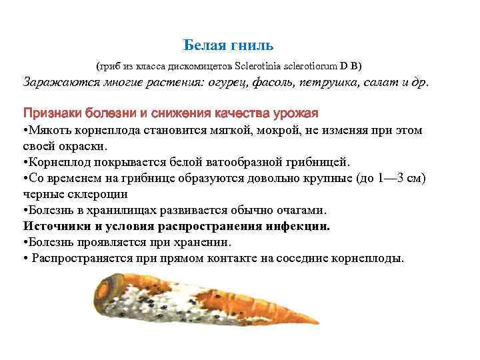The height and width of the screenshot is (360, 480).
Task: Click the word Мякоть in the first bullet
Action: pos(49,129)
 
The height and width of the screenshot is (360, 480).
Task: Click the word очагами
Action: pos(299,210)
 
